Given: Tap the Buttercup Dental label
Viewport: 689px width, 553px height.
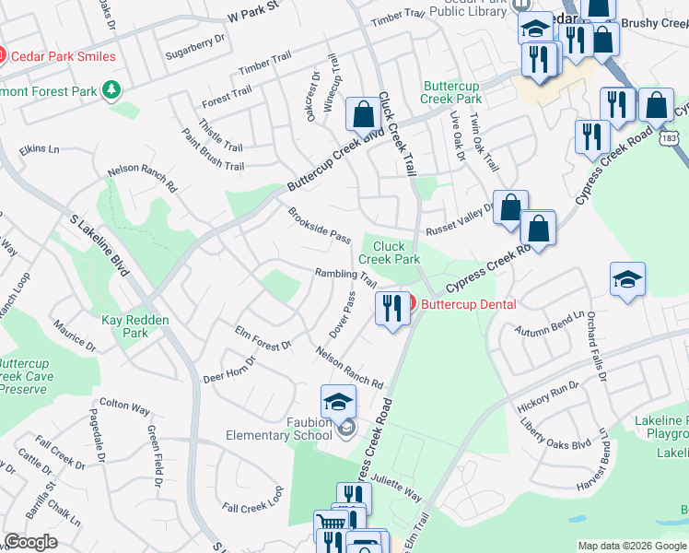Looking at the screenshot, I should coord(469,303).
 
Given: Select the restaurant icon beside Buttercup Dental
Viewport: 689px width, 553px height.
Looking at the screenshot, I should coord(392,307).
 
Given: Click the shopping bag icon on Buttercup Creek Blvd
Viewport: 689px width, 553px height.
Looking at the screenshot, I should coord(364,115).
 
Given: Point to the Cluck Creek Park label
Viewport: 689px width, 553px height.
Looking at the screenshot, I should coord(389,253).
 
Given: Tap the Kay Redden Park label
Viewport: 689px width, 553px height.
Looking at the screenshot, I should coord(124,326).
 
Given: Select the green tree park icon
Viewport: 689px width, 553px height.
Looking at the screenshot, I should coord(111,88).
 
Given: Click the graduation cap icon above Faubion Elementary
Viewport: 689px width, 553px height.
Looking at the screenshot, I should coord(338,402).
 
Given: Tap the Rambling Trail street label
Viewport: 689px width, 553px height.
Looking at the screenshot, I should coord(345,276).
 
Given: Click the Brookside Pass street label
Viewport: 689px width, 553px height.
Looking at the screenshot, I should coord(319,226).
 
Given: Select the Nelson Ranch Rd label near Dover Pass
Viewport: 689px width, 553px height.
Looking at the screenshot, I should coord(349,366).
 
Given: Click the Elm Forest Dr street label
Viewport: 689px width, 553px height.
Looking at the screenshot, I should coord(263,337).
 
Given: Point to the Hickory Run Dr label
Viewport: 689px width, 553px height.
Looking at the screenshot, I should coord(548,394).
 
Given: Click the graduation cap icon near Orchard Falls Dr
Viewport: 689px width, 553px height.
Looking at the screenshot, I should coord(626,279).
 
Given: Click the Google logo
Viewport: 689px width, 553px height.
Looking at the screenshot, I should coord(31,543).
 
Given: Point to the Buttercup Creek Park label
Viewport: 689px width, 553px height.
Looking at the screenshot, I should coord(452,92).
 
